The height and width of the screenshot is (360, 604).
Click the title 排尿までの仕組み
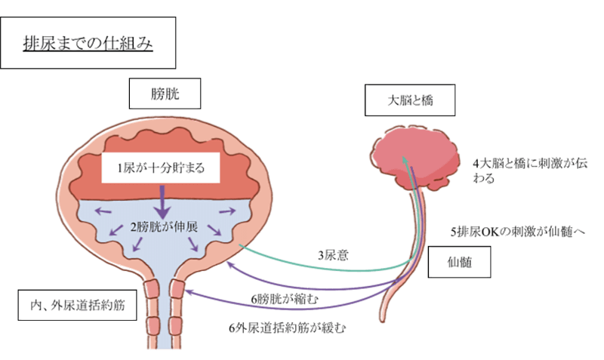coord(91,43)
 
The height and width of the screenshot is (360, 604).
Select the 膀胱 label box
coord(164,95)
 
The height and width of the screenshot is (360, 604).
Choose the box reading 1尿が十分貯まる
coord(162,169)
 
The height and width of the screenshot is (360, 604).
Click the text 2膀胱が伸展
coord(162,225)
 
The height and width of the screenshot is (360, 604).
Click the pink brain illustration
coord(419,154)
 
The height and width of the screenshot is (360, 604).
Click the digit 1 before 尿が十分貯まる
coord(109,169)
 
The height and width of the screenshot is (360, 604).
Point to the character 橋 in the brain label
coord(427,99)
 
